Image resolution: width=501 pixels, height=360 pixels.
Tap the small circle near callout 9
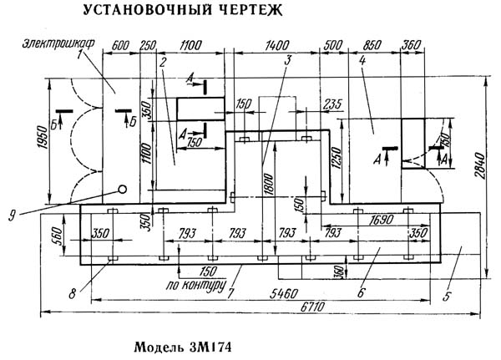coord(122,189)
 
